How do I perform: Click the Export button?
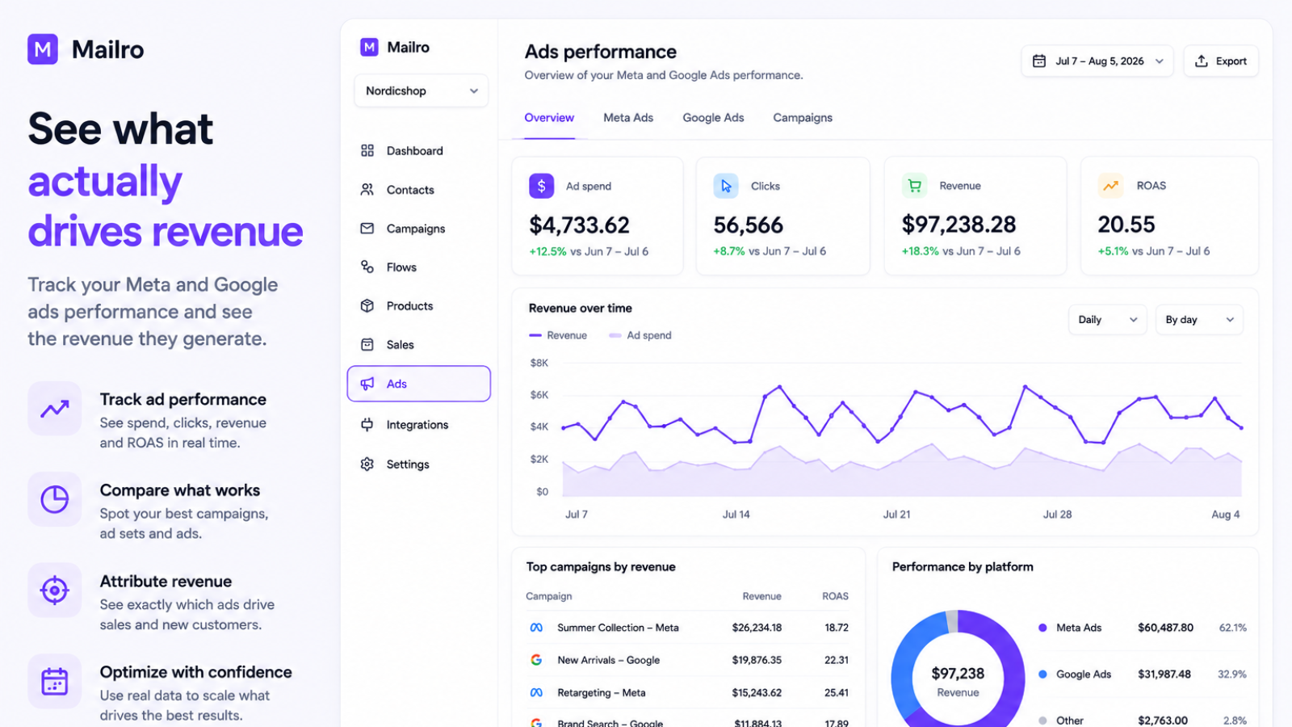coord(1220,61)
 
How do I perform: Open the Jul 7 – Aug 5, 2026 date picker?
coord(1097,61)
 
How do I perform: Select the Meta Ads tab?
coord(628,118)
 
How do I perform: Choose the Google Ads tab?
coord(713,118)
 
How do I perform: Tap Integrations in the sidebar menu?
coord(417,425)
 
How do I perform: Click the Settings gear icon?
coord(367,464)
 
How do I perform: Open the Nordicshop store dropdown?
coord(421,90)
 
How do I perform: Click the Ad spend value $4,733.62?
coord(579,225)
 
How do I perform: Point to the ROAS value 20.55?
coord(1126,225)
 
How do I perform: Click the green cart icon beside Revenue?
coord(914,186)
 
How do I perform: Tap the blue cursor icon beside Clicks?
coord(726,186)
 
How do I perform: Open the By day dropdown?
coord(1199,320)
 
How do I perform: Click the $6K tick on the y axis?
coord(539,395)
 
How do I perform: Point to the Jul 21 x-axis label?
coord(896,514)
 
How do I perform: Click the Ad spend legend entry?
coord(640,335)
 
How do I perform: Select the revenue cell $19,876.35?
coord(757,660)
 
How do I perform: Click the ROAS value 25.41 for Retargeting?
coord(837,692)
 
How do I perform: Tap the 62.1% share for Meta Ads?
coord(1232,628)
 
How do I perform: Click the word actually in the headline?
coord(105,182)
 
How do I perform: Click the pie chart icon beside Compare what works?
coord(55,499)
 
